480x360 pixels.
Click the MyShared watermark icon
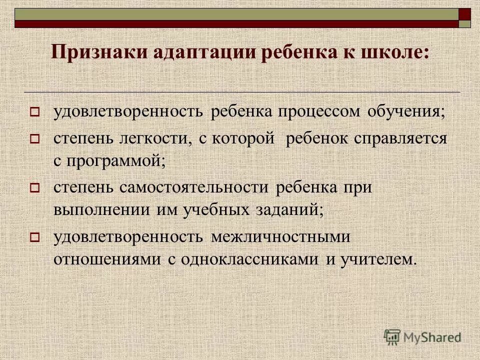[392, 336]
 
